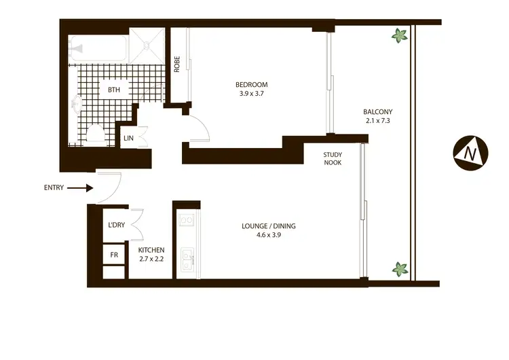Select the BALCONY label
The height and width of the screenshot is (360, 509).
377,112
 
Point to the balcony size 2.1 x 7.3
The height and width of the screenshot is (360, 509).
377,122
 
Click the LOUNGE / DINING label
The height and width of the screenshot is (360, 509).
269,226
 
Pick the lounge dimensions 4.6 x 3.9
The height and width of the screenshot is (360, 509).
269,236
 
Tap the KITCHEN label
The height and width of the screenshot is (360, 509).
151,250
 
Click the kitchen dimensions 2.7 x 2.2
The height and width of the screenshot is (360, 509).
151,259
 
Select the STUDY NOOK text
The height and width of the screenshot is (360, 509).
333,158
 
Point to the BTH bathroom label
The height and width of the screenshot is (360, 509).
114,89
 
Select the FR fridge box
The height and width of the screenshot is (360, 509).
113,255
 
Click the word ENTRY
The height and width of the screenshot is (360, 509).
54,188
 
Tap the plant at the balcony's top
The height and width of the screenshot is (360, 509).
398,35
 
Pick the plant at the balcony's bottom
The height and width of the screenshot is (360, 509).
399,269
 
